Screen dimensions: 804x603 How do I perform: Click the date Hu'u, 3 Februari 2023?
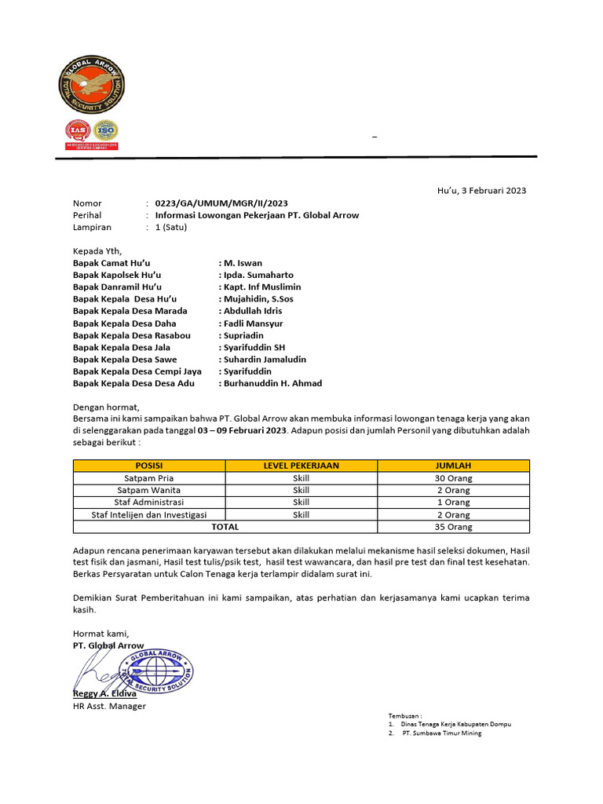pyautogui.click(x=481, y=190)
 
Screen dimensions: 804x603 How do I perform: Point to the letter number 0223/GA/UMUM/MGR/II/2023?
pyautogui.click(x=221, y=203)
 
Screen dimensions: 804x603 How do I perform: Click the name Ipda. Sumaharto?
pyautogui.click(x=258, y=275)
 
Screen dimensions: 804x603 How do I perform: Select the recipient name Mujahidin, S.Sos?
pyautogui.click(x=260, y=299)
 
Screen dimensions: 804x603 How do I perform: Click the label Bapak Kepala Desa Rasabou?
pyautogui.click(x=132, y=335)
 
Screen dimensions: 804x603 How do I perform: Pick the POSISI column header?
pyautogui.click(x=149, y=466)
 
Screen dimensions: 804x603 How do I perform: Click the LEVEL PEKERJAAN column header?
pyautogui.click(x=301, y=466)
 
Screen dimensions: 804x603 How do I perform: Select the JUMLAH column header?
pyautogui.click(x=453, y=466)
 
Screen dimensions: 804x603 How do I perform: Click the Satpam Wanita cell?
pyautogui.click(x=149, y=490)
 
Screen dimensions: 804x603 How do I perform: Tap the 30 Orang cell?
pyautogui.click(x=453, y=477)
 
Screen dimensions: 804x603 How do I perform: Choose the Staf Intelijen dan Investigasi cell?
pyautogui.click(x=149, y=515)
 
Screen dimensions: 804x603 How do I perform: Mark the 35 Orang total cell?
pyautogui.click(x=453, y=527)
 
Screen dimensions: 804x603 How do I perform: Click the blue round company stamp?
pyautogui.click(x=155, y=671)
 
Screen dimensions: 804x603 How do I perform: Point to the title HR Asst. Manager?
pyautogui.click(x=109, y=706)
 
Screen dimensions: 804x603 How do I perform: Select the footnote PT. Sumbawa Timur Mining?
pyautogui.click(x=441, y=733)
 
